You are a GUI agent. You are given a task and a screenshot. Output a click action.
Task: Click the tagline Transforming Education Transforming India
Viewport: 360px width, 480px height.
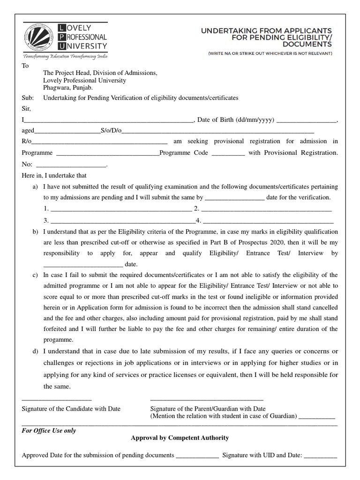[65, 56]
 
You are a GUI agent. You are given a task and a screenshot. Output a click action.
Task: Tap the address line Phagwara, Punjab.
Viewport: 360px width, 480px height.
[68, 88]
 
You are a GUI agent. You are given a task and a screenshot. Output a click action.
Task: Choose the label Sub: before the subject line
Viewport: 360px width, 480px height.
[29, 98]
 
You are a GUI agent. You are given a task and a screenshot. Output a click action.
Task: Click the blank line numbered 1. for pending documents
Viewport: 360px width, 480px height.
[120, 209]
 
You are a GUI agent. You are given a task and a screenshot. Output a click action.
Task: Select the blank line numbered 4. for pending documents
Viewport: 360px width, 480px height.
[268, 220]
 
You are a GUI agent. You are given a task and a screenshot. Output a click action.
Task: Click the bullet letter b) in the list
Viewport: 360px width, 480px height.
[35, 232]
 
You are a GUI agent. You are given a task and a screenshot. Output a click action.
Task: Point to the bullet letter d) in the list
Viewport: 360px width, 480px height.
[35, 351]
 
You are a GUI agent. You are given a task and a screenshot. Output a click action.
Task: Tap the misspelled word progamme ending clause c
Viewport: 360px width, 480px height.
[58, 339]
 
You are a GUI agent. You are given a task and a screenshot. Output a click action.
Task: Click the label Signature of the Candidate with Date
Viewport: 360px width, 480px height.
[71, 409]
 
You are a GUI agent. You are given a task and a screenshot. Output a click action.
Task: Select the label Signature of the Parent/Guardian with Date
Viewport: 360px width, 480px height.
[208, 409]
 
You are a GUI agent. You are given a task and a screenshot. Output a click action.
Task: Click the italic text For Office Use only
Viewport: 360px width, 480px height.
[49, 430]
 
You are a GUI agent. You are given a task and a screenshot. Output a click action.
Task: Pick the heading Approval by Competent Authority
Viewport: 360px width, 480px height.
[180, 438]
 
